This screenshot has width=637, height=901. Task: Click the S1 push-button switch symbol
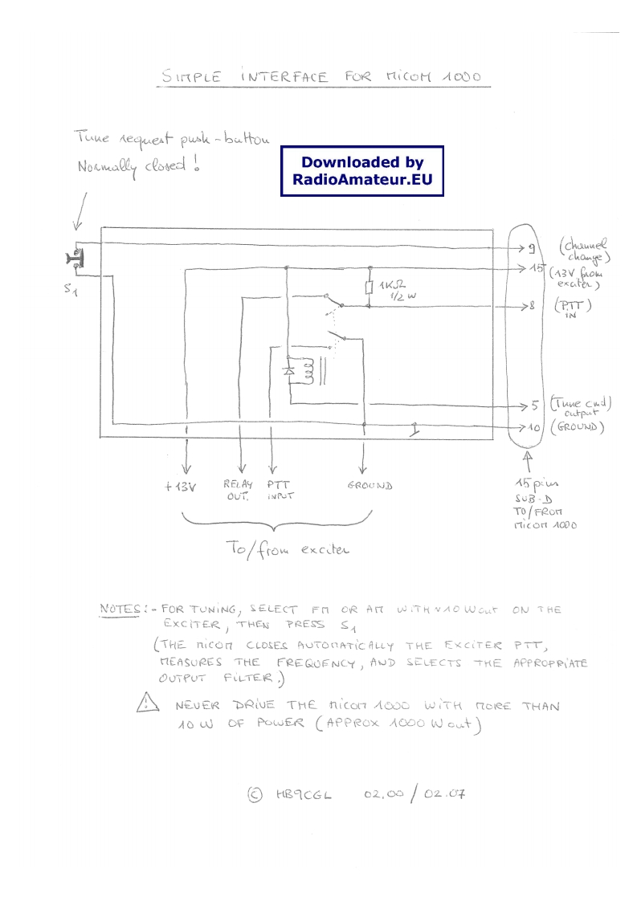coord(76,258)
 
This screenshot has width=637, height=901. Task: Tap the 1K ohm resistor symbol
coord(370,288)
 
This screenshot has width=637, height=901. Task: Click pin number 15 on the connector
coord(537,268)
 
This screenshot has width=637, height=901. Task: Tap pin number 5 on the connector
coord(533,406)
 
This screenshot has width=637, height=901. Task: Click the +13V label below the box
coord(182,487)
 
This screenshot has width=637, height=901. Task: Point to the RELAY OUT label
coord(238,490)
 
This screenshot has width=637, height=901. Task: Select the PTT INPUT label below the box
coord(278,490)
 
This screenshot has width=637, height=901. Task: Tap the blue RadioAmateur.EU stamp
coord(362,171)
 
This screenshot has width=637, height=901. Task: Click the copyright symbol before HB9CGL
coord(255,794)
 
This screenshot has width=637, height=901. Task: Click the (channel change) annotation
coord(585,250)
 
